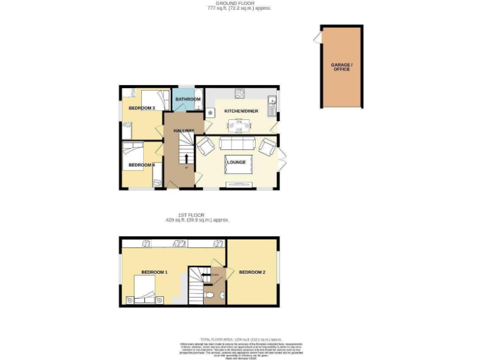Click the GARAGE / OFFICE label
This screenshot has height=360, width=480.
[341, 67]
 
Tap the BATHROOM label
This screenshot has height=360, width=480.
[187, 99]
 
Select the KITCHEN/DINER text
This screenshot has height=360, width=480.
[241, 111]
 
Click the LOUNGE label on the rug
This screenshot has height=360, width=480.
[236, 162]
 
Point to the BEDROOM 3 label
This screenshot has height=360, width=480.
[141, 108]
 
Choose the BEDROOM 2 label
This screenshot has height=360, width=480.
[252, 272]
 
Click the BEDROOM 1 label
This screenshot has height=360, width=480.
[154, 272]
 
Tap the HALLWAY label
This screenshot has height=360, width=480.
[179, 130]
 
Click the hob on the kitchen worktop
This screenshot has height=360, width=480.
[239, 94]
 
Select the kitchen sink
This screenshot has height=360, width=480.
[272, 102]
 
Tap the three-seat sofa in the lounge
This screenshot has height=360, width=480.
[237, 145]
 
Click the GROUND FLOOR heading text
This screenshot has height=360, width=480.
[239, 4]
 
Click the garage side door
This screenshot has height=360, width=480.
[317, 39]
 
